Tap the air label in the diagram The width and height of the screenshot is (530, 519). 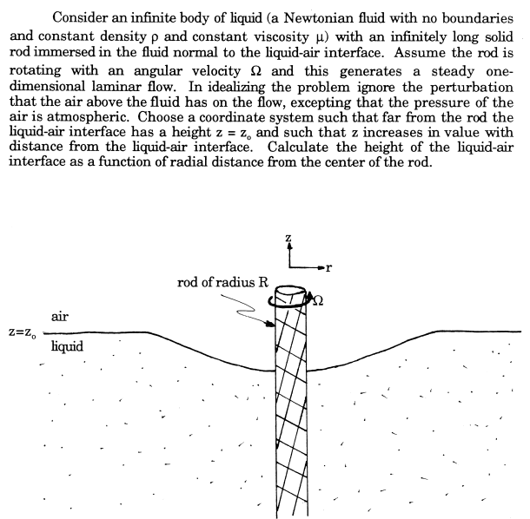(60, 317)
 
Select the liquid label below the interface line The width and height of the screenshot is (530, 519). (67, 346)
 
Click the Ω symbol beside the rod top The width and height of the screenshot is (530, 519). (317, 300)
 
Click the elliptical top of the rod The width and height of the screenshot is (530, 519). (288, 296)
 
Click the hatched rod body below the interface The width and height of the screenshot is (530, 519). (289, 417)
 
